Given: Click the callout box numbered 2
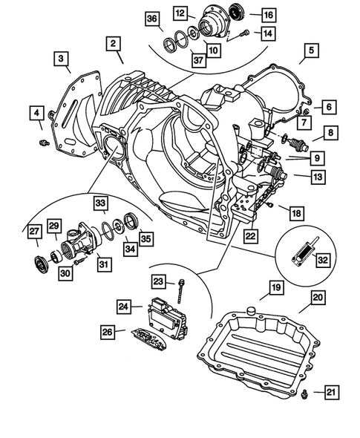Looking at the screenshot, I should click(113, 45).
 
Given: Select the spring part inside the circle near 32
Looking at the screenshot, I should click(300, 253).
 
